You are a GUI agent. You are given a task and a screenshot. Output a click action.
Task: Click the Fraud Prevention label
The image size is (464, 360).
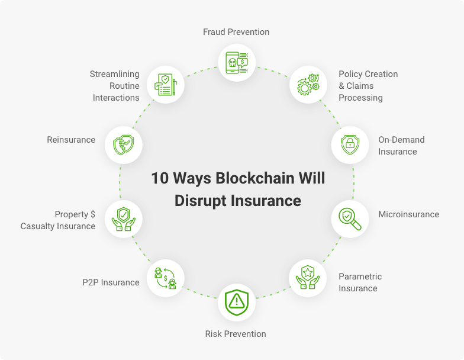click(236, 32)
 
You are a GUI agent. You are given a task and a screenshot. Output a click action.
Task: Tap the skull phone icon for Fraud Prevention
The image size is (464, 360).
click(237, 63)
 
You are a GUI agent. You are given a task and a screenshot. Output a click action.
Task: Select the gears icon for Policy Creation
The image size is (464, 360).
click(308, 85)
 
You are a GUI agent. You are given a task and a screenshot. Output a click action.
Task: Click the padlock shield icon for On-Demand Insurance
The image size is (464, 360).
click(350, 144)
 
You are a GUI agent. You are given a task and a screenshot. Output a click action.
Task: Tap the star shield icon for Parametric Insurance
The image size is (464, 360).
click(308, 277)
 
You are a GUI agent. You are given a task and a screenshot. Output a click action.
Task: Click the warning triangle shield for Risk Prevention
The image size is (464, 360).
click(237, 302)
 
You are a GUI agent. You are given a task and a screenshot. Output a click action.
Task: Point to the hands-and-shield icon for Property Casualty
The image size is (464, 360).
click(123, 219)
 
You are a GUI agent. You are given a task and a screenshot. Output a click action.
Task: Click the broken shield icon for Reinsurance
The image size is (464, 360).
click(124, 145)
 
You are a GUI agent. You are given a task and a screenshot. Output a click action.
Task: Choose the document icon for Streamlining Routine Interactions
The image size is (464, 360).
click(166, 85)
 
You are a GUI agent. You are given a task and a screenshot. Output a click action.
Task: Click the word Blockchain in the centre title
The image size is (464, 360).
click(254, 178)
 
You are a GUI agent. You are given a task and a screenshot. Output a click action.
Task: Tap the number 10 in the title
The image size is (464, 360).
click(160, 178)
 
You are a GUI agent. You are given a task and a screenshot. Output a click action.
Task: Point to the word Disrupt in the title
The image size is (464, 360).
click(200, 201)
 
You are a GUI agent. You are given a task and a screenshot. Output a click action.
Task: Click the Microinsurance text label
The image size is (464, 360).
click(408, 214)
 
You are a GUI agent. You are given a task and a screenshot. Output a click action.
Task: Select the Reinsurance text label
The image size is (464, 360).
click(71, 140)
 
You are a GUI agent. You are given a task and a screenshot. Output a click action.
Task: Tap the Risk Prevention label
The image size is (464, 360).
click(236, 334)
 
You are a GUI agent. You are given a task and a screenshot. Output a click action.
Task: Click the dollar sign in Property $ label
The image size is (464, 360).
click(93, 214)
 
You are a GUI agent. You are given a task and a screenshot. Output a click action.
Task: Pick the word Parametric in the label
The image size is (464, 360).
click(360, 277)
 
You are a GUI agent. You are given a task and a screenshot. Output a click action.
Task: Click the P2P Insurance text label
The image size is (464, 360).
click(111, 282)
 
